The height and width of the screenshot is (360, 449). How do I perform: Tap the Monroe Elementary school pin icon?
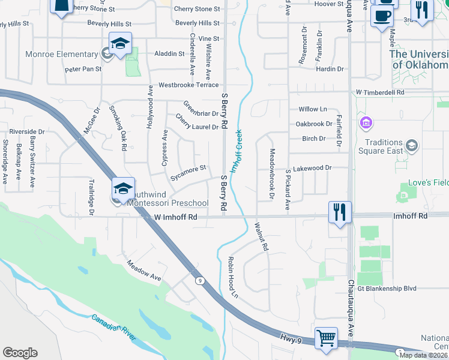pos(120,44)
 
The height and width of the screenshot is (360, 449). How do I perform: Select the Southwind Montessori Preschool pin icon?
pos(123,188)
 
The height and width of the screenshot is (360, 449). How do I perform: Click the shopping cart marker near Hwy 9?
pos(326,337)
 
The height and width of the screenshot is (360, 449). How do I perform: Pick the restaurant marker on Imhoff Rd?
pos(340,212)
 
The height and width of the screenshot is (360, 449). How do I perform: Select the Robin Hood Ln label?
pos(232,278)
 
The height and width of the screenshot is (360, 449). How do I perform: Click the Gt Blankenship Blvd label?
pos(387,289)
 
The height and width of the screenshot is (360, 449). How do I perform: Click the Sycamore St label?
pos(188,172)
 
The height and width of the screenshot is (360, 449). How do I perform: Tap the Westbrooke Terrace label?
pos(188,85)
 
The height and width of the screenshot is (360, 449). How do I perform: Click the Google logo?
pos(20,353)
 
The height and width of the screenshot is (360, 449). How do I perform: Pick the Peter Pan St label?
pos(83,69)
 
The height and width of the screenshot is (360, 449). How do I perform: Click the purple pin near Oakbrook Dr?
pos(365,123)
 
